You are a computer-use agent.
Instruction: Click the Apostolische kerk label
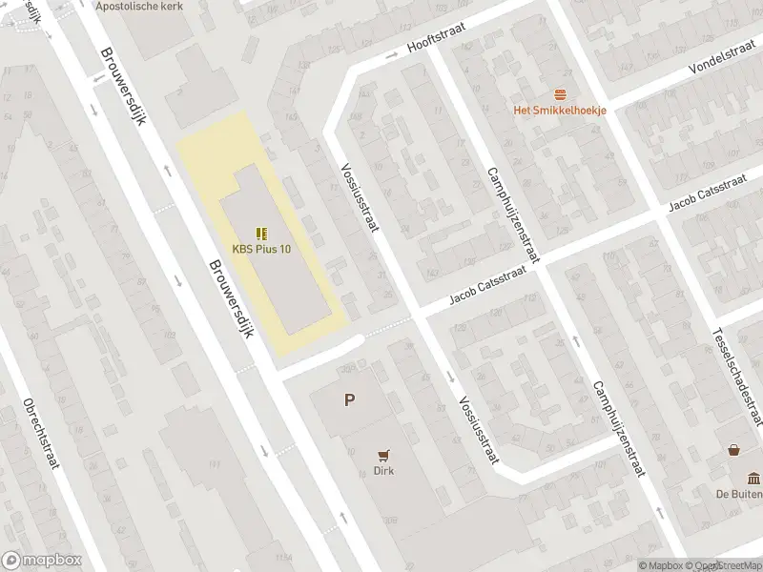point(140,6)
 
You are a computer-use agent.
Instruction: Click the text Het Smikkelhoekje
point(560,110)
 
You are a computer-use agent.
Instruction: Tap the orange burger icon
point(560,93)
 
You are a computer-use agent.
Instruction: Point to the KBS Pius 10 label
point(261,249)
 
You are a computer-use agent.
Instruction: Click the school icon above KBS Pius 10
point(261,233)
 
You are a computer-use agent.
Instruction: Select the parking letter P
point(350,400)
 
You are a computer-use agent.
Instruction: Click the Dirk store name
point(384,470)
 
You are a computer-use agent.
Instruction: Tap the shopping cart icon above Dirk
point(384,454)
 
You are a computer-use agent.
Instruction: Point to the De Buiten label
point(740,494)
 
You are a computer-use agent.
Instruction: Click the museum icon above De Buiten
point(753,478)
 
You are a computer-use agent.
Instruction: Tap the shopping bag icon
point(734,450)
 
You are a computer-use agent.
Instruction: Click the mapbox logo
point(42,561)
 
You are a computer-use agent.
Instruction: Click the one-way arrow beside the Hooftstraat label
point(391,55)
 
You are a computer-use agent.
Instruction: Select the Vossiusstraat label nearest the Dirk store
point(480,429)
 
